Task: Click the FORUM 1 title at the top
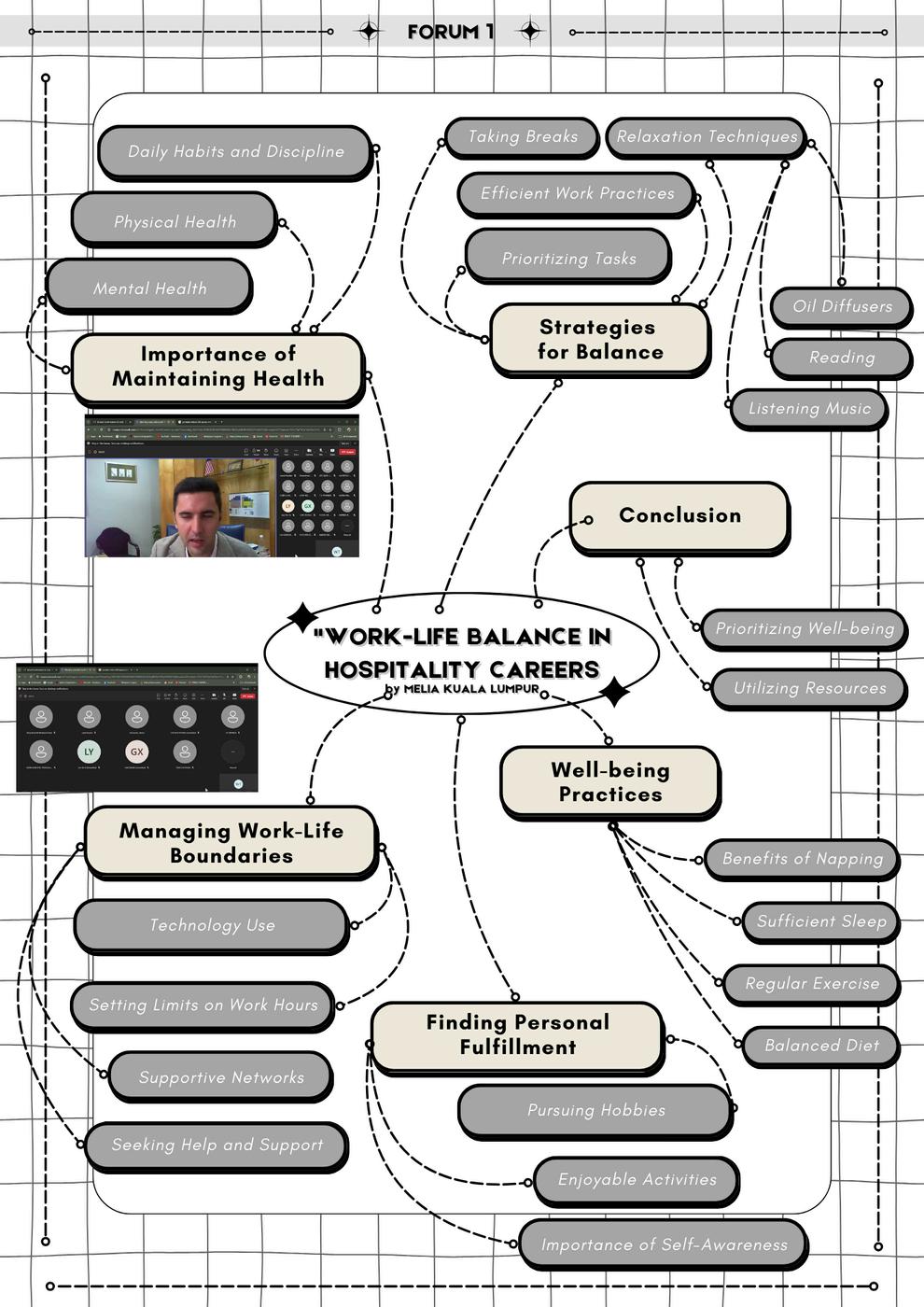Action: (x=450, y=32)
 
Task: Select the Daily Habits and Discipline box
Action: (x=235, y=151)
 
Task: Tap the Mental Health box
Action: (x=149, y=288)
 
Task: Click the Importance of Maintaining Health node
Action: (x=217, y=367)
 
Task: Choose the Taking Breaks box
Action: (x=522, y=137)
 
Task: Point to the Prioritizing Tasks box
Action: (x=568, y=258)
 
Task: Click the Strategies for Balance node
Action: (x=599, y=340)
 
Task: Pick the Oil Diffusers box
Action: (x=841, y=306)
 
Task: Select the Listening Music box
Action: (x=808, y=408)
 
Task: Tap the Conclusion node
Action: (x=679, y=516)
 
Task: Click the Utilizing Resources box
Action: (x=808, y=688)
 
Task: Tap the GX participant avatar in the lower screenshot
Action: (x=137, y=752)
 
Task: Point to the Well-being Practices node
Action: (x=609, y=782)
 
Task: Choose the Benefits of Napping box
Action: (x=802, y=859)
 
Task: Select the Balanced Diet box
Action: (x=820, y=1046)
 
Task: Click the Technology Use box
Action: (x=212, y=925)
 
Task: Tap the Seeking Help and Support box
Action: (x=217, y=1145)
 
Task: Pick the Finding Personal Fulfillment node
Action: (x=517, y=1035)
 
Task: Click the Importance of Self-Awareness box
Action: (x=663, y=1244)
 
